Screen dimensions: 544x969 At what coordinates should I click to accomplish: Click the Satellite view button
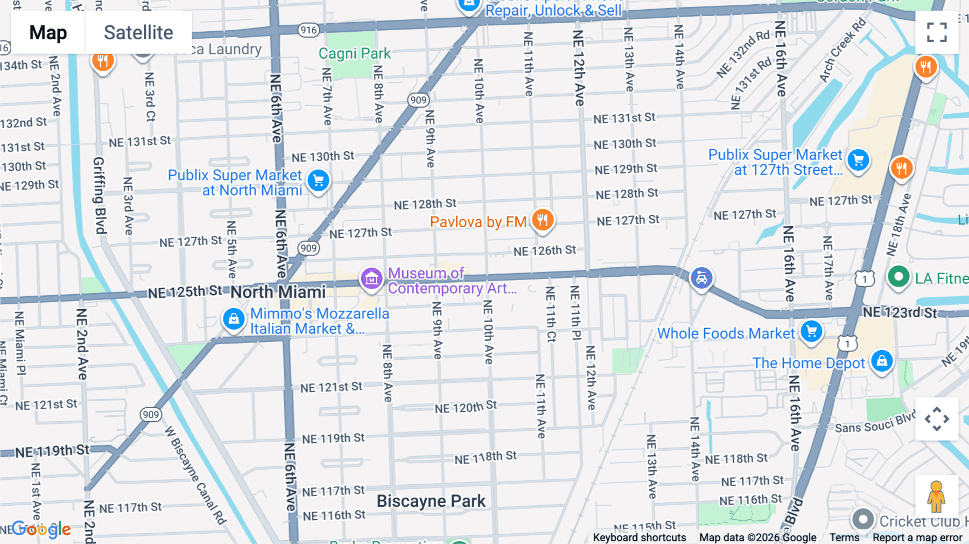pos(138,33)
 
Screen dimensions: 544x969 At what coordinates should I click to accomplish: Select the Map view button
pos(48,33)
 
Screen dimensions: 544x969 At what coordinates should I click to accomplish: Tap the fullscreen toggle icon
pos(937,32)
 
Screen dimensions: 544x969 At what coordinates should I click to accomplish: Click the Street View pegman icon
pos(936,496)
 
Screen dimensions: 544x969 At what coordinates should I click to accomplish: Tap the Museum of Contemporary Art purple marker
pos(371,279)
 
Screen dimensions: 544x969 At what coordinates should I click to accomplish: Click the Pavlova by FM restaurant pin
pos(543,220)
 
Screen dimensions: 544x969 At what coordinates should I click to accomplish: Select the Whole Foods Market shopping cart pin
pos(811,331)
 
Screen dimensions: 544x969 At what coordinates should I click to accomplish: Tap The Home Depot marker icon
pos(882,361)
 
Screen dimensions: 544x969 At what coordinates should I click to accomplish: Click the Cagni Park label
pos(355,53)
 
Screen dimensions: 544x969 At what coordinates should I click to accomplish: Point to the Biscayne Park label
pos(431,501)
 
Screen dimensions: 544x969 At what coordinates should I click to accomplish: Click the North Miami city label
pos(278,292)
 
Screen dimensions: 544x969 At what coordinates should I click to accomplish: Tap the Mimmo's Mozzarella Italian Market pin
pos(234,319)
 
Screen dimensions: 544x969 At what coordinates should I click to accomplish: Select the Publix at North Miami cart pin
pos(319,180)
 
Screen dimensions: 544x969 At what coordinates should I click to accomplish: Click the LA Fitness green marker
pos(898,277)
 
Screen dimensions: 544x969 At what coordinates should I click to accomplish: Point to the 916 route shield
pos(308,30)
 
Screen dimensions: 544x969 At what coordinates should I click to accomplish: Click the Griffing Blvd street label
pos(99,195)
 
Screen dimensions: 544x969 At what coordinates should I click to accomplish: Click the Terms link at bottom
pos(844,538)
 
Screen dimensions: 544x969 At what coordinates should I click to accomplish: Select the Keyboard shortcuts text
pos(639,538)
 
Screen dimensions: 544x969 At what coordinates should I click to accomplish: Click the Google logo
pos(41,529)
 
